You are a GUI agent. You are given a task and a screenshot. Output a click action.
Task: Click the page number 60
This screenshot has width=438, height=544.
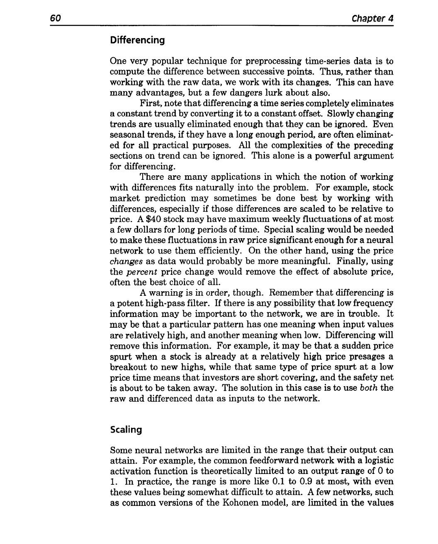(56, 18)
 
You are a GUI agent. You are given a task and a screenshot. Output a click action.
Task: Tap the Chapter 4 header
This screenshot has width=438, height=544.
(372, 18)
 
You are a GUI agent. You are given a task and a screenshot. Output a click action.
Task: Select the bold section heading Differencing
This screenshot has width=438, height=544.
(137, 40)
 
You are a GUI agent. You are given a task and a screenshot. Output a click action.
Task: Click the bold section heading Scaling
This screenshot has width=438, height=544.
(126, 430)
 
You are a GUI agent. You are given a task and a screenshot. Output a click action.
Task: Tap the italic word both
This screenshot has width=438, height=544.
(369, 388)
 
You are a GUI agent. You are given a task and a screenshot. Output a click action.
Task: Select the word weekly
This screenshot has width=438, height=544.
(266, 219)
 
